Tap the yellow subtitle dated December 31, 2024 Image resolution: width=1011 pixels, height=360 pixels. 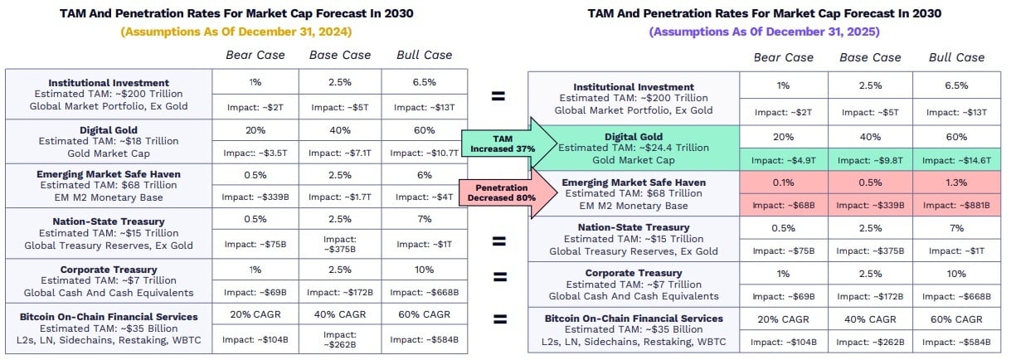(236, 32)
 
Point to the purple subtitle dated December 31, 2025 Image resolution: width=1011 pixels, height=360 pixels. (764, 32)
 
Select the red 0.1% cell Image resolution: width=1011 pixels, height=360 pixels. (783, 182)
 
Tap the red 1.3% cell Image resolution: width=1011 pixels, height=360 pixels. (956, 182)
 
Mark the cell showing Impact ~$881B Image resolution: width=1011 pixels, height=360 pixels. (956, 206)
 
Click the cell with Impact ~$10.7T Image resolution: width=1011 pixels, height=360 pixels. (425, 153)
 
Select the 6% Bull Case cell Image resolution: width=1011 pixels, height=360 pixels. (425, 175)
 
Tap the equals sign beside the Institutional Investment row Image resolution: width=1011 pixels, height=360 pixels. (498, 96)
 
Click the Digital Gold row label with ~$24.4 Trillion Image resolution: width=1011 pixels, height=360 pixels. (634, 148)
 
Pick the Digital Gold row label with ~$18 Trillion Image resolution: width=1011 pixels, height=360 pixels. (109, 140)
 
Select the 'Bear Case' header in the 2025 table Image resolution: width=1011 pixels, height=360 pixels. (783, 57)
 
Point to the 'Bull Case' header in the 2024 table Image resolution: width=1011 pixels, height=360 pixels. (425, 55)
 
